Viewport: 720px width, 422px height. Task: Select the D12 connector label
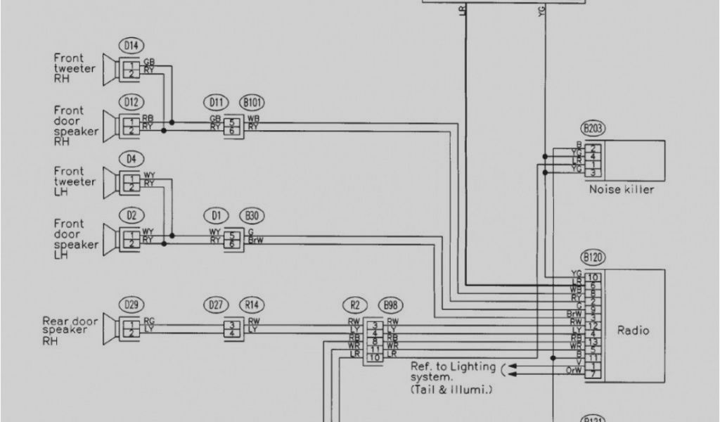[131, 103]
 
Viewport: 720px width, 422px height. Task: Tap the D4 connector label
[131, 159]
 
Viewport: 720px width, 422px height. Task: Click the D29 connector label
[131, 305]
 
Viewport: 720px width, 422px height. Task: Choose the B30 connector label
[250, 215]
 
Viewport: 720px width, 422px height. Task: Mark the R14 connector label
[250, 305]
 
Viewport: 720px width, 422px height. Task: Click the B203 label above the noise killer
[593, 129]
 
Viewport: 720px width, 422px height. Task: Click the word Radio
[633, 330]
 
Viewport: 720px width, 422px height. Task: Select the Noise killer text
[621, 190]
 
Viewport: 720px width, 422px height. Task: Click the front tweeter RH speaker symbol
[110, 69]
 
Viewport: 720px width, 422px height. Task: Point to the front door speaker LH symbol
[110, 236]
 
